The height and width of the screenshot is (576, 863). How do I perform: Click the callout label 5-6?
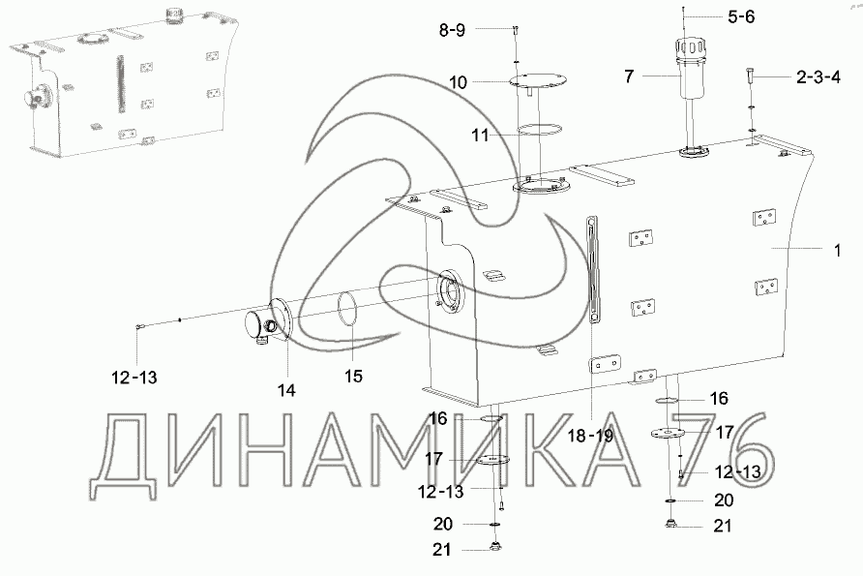point(741,17)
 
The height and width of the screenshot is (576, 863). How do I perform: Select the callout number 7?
point(630,76)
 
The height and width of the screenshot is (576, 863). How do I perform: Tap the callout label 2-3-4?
point(818,77)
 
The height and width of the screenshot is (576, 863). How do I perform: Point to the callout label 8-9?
point(452,30)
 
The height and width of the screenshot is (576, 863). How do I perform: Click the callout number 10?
point(458,82)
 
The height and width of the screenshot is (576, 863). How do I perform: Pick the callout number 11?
point(481,135)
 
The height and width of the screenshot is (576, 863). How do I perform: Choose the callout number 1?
point(837,251)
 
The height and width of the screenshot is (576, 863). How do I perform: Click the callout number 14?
point(286,390)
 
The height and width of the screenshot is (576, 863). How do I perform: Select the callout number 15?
point(353,377)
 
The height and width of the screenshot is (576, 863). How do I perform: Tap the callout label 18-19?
point(590,437)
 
